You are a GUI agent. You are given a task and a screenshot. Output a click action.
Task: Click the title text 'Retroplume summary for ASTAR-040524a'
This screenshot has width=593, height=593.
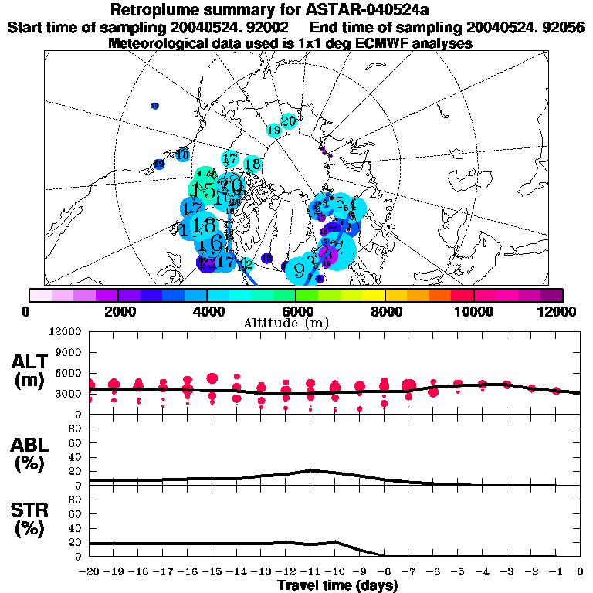296,10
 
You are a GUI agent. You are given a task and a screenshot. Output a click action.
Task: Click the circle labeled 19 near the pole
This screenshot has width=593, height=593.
273,130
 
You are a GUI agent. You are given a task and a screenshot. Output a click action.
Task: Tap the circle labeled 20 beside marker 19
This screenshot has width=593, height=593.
289,120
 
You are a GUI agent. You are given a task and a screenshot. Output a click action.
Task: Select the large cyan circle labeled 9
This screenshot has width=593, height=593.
300,268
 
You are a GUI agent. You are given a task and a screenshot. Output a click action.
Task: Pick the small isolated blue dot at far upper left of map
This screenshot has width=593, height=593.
154,106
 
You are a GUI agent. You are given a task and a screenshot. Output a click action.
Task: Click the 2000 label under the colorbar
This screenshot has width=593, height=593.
117,311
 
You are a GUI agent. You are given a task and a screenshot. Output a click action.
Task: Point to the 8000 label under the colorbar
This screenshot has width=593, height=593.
385,311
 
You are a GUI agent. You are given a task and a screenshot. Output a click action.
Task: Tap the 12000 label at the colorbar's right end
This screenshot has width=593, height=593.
558,311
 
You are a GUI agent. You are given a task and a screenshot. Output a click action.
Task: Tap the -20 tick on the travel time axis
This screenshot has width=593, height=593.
90,572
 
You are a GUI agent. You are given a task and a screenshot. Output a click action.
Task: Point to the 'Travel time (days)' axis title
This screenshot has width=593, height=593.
337,586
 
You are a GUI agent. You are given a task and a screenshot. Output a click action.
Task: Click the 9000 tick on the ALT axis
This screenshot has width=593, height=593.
69,352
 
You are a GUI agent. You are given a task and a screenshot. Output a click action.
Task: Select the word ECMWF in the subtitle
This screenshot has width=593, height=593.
383,43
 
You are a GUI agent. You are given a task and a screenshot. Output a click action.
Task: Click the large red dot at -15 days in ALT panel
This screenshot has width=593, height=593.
212,378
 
